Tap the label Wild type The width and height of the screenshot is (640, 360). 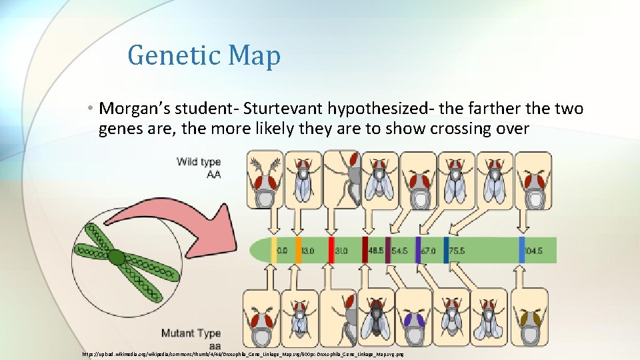[x=199, y=161]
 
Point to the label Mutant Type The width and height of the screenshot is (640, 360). [x=191, y=333]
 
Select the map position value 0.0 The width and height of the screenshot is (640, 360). [x=283, y=251]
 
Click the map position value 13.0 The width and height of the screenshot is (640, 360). [x=308, y=251]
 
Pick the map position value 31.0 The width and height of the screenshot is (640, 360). [x=341, y=251]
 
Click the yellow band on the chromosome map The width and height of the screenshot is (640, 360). [x=274, y=250]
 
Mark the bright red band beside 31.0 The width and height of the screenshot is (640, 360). [x=331, y=250]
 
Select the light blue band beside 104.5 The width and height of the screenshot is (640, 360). [x=522, y=250]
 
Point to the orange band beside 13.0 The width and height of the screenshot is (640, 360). [x=298, y=250]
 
